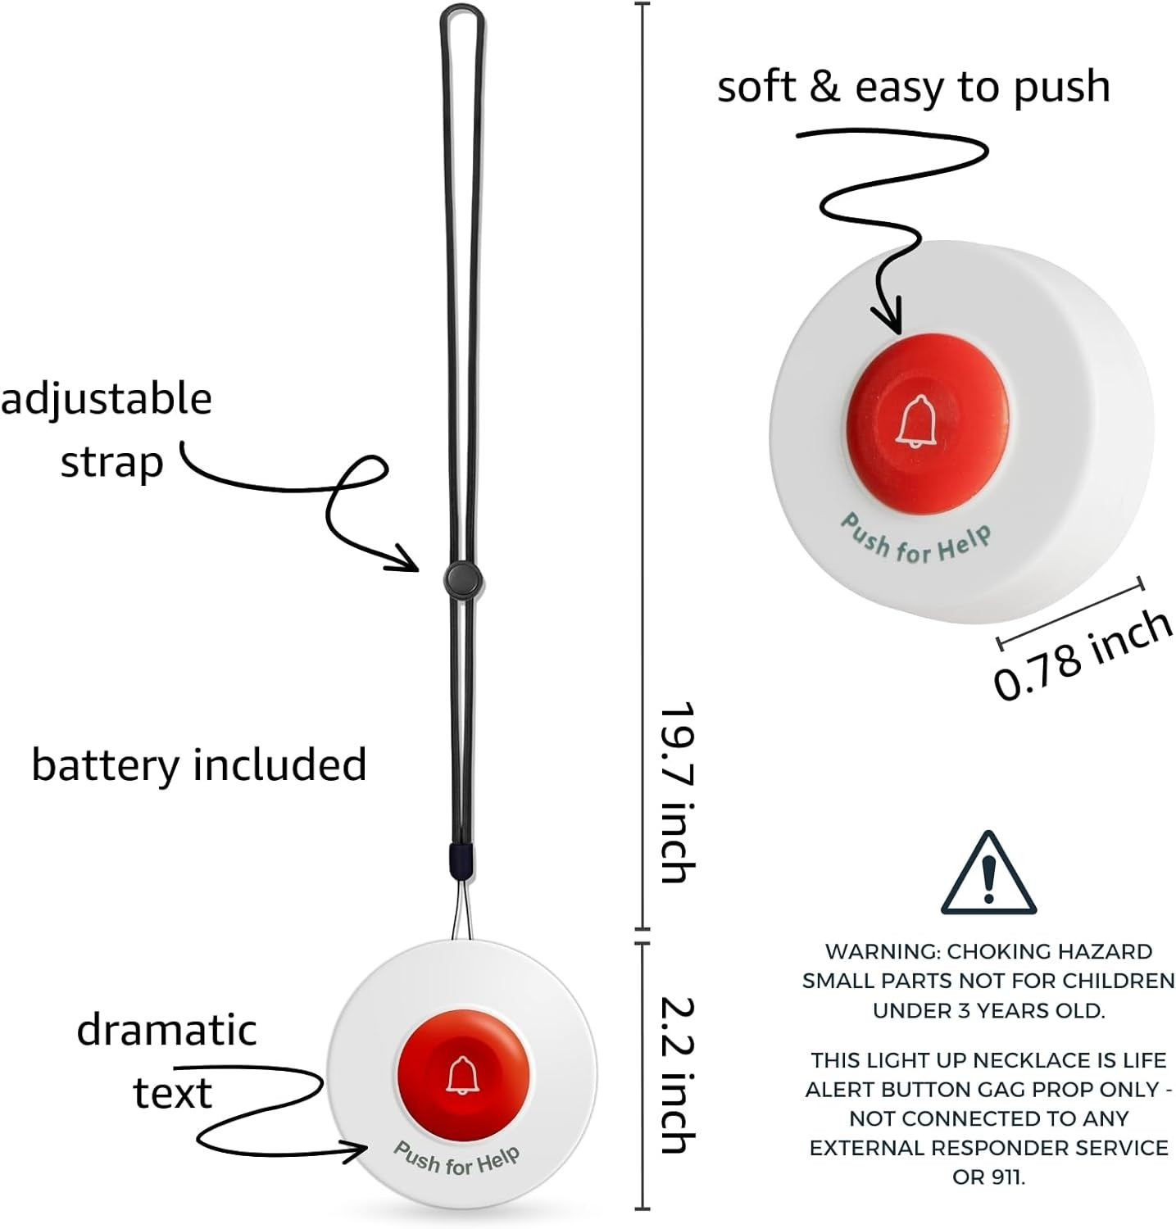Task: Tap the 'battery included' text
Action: coord(198,765)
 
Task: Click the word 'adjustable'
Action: coord(107,400)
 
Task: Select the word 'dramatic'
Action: coord(166,1031)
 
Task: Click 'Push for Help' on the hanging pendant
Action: coord(456,1158)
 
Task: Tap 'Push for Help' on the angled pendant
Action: coord(915,539)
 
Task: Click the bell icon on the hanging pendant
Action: coord(461,1075)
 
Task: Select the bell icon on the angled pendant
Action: coord(914,421)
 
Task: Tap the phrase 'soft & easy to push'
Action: coord(914,87)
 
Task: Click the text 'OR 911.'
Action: coord(988,1177)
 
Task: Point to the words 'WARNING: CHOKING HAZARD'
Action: coord(988,951)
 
